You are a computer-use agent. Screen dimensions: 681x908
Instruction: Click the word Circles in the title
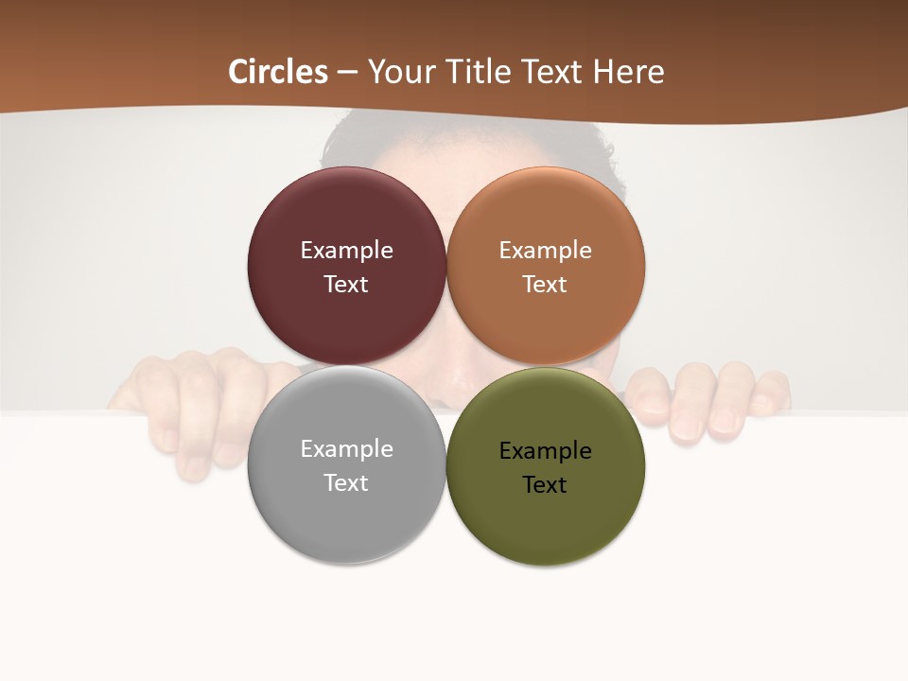point(278,72)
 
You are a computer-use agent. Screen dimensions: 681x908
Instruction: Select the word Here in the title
point(628,72)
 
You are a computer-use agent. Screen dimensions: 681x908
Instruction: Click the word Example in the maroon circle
point(346,251)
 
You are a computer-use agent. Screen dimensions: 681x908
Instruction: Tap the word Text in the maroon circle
point(346,285)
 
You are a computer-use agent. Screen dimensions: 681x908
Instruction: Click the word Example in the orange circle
point(545,251)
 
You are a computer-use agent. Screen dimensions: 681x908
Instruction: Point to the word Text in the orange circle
point(545,285)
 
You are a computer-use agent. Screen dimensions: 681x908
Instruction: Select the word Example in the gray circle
point(346,449)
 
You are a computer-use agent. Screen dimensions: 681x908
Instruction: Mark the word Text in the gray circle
point(346,483)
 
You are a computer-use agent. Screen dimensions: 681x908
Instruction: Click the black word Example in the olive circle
point(545,451)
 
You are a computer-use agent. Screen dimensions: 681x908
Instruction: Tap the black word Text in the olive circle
point(545,485)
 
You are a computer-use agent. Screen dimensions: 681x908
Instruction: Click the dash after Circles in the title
point(347,73)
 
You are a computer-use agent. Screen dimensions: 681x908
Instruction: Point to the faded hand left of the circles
point(189,397)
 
